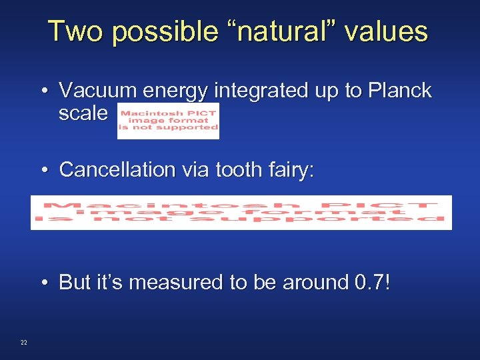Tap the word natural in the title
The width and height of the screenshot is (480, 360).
tap(283, 31)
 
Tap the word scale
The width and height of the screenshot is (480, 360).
tap(83, 113)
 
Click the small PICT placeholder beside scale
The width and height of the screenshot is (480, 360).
tap(168, 121)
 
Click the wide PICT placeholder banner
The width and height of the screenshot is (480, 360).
tap(241, 212)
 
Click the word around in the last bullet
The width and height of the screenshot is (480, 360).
tap(312, 283)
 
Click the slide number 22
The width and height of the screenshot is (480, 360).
tap(24, 343)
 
